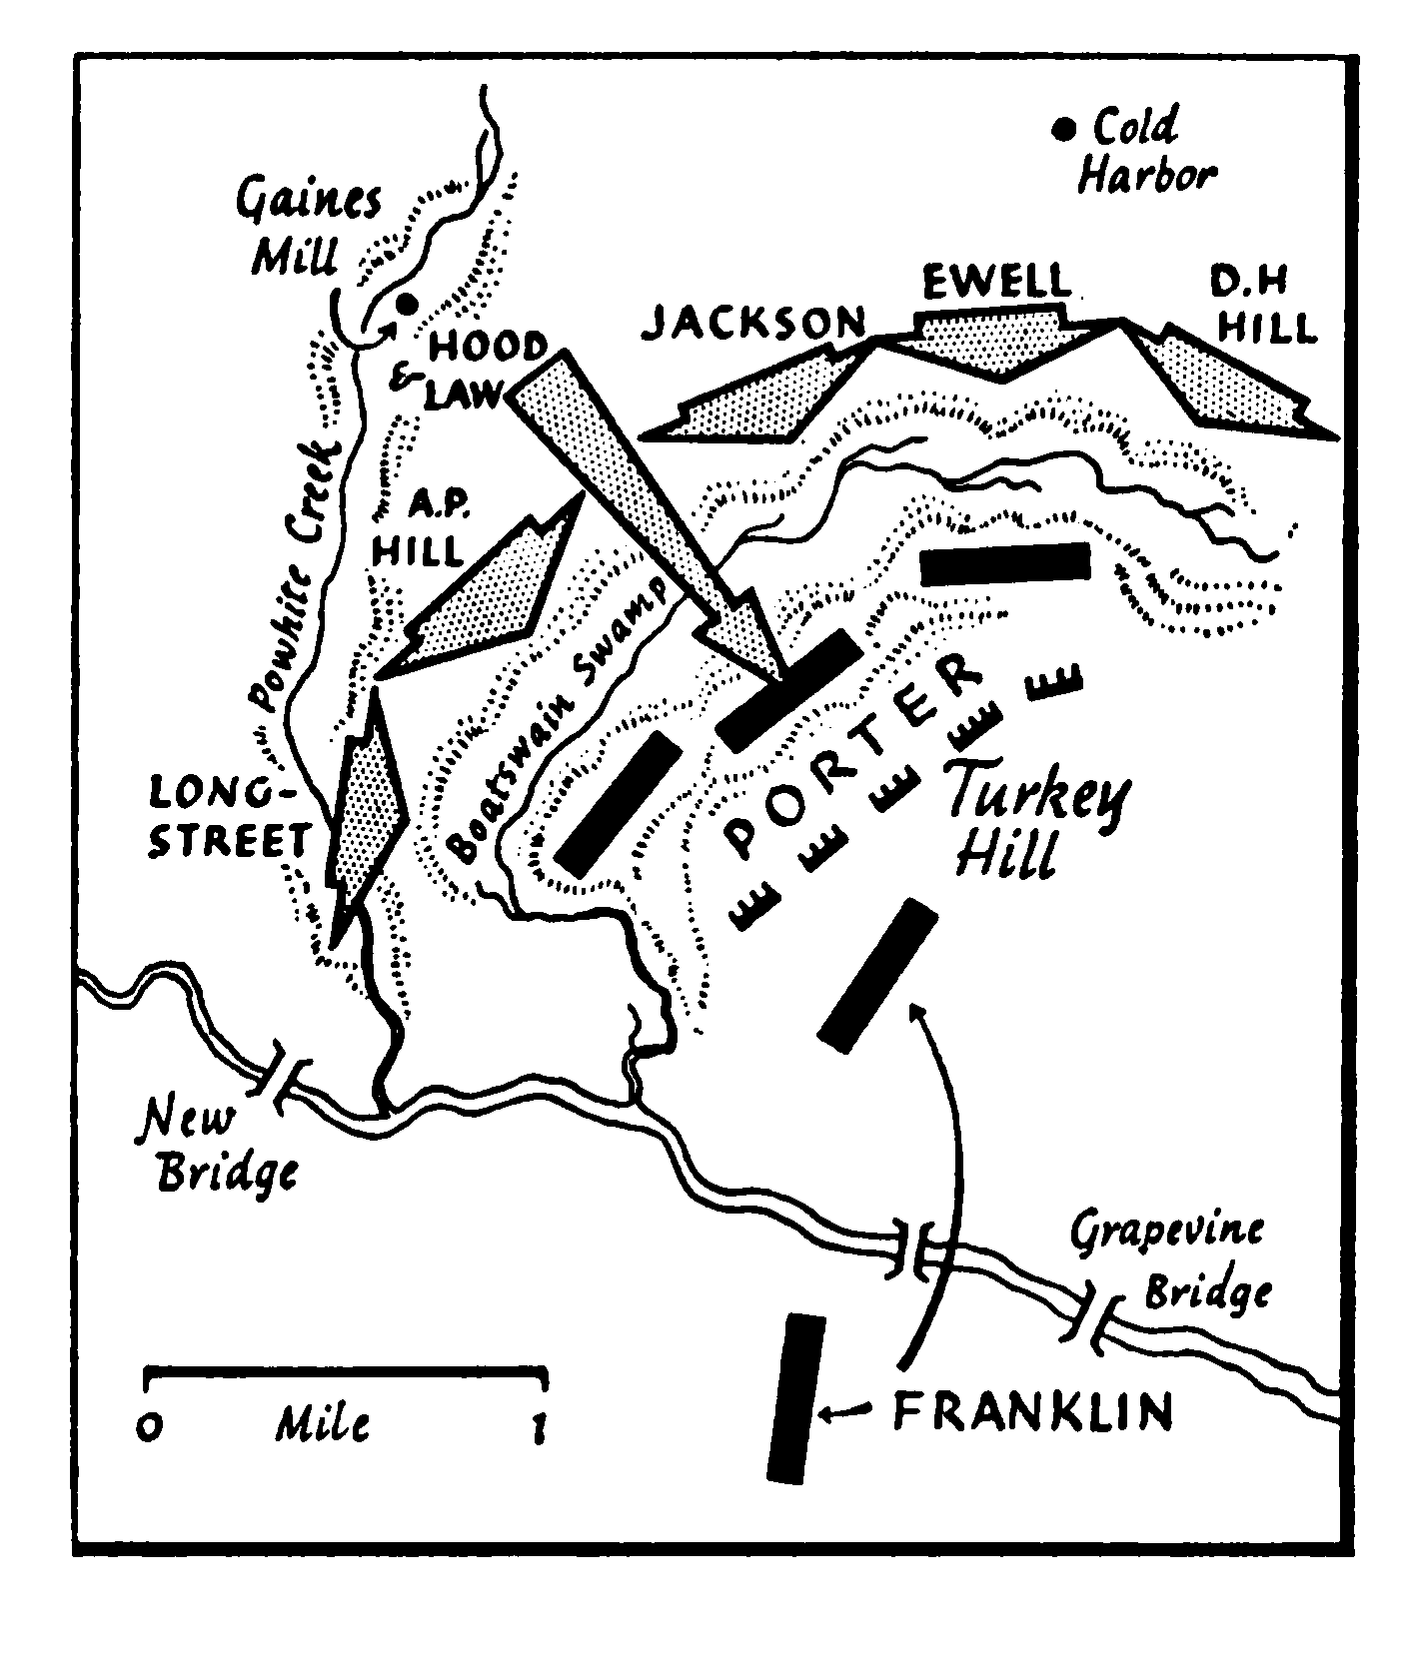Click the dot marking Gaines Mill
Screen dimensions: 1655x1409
click(x=406, y=303)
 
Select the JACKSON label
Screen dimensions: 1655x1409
click(x=754, y=322)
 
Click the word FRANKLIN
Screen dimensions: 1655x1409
click(x=1032, y=1412)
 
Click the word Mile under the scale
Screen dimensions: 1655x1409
click(x=323, y=1422)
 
